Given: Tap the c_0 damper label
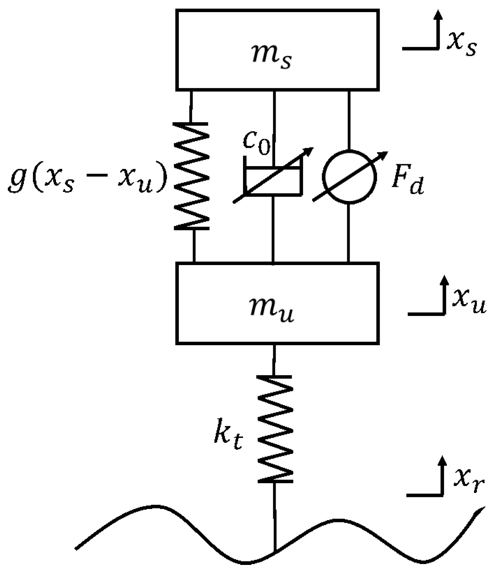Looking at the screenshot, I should pos(256,142).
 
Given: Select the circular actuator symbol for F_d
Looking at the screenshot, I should pos(349,176).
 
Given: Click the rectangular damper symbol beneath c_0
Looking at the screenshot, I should pos(273,181).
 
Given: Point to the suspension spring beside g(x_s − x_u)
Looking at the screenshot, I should pos(191,176).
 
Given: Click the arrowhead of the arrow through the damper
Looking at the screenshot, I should pos(310,151).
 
